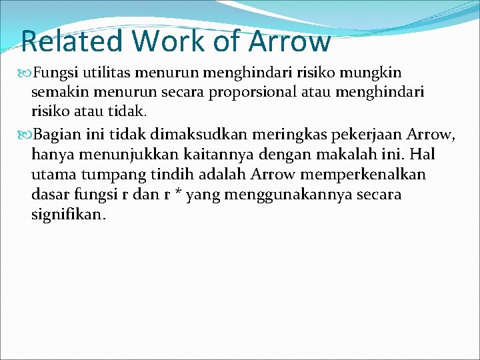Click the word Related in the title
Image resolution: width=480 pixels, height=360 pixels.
[73, 41]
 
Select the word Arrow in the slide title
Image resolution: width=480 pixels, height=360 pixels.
[291, 41]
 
